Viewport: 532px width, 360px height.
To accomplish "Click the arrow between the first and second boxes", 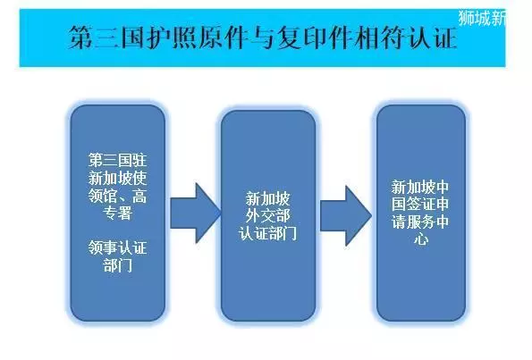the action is point(196,213).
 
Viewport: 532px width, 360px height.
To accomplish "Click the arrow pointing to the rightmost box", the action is point(346,215).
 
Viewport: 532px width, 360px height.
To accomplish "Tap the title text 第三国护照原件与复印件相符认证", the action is point(263,38).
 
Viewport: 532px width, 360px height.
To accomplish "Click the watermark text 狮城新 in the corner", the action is point(482,18).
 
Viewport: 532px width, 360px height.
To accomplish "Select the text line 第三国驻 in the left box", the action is point(117,160).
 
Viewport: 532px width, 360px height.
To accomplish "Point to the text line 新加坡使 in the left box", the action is point(117,178).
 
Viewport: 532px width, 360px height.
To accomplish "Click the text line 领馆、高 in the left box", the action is point(117,196).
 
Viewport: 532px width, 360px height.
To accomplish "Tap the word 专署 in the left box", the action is point(117,213).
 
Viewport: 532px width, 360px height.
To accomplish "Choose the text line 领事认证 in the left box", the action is point(117,247).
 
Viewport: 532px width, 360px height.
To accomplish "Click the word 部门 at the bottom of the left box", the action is point(117,265).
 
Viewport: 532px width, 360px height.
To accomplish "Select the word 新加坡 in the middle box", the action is point(267,198).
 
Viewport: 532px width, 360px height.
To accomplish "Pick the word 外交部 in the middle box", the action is point(267,215).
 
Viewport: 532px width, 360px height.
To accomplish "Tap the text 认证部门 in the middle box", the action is point(267,233).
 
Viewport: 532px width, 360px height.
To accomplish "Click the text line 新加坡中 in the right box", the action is point(420,187).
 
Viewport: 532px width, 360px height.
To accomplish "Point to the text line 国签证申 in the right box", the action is point(420,204).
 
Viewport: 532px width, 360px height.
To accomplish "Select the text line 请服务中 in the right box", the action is point(420,222).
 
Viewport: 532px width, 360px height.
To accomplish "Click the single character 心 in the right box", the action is point(421,239).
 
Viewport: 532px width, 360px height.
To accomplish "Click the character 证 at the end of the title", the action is point(445,38).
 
